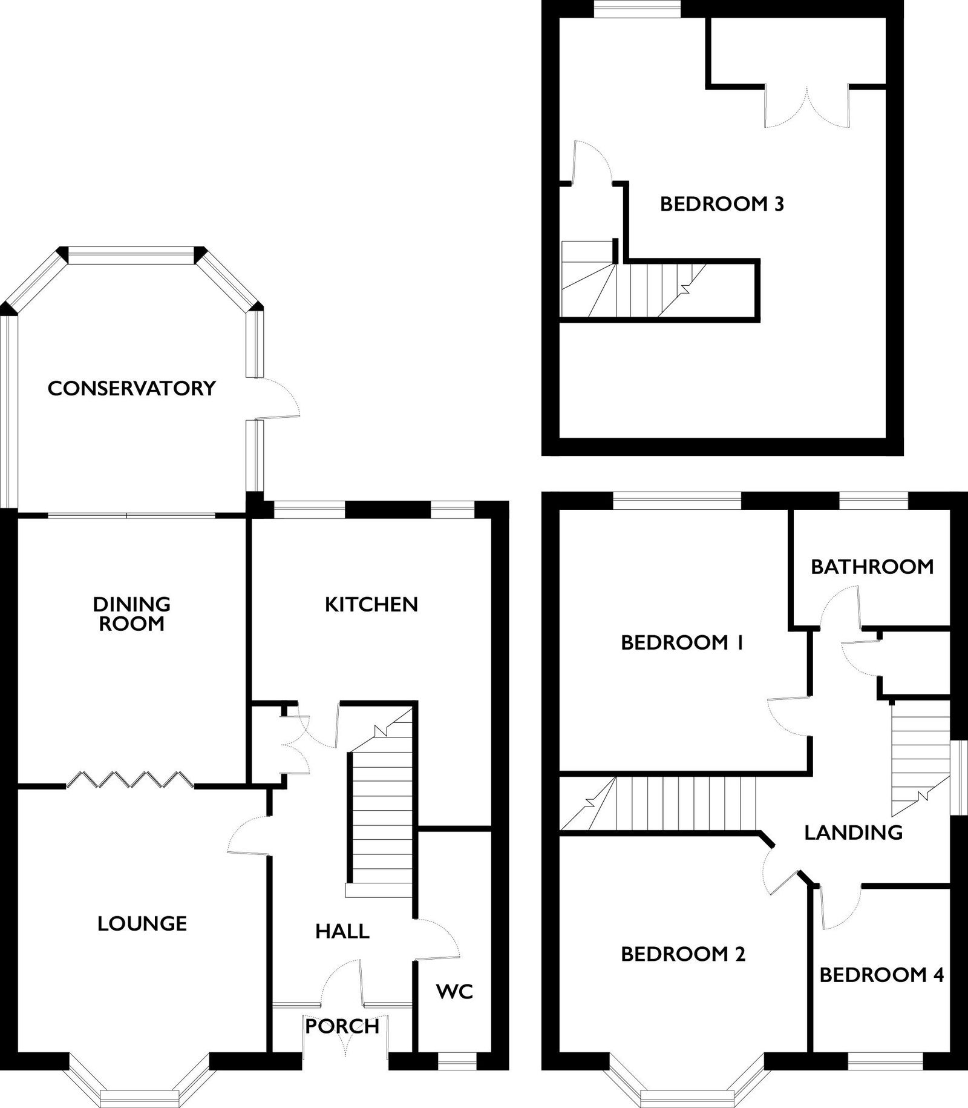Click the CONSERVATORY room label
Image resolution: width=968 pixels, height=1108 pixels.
(132, 388)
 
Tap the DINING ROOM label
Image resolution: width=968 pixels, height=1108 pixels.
(132, 613)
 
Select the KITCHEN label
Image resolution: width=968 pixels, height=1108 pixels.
(371, 604)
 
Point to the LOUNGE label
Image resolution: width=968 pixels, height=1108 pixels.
(142, 923)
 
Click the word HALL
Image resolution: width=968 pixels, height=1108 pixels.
(342, 931)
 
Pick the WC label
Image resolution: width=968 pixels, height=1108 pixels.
(454, 991)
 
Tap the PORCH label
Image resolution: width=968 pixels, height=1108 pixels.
(342, 1026)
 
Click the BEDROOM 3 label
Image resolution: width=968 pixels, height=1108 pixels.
(722, 204)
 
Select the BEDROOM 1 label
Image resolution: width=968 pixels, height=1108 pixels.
(682, 642)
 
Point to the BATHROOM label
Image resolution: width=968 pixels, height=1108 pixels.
(872, 567)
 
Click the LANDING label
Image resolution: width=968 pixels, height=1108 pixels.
(854, 833)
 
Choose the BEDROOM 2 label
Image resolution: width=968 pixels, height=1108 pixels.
(683, 954)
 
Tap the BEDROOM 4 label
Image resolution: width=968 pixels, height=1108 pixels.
(881, 975)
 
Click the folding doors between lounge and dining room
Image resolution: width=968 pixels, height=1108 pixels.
(130, 779)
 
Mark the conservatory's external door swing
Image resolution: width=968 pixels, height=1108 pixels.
(277, 397)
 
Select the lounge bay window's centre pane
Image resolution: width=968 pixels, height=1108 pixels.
(140, 1096)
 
